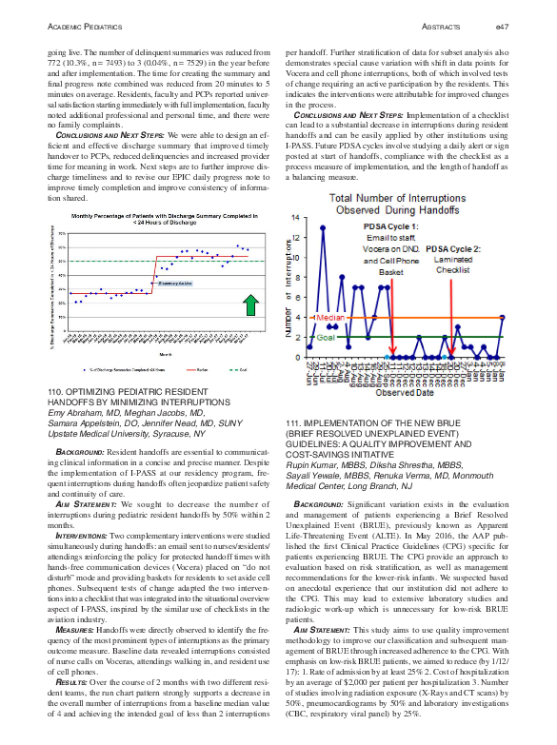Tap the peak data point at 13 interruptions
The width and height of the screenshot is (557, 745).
point(322,227)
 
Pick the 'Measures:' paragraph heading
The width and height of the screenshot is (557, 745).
point(74,603)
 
